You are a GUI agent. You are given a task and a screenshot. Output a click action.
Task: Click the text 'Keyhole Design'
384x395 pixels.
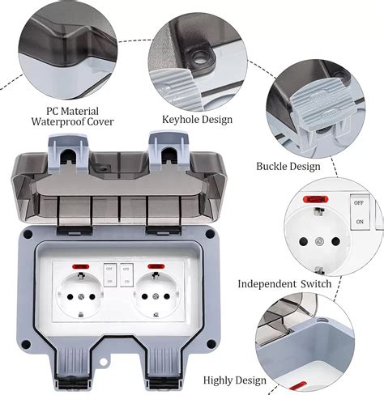click(197, 120)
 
